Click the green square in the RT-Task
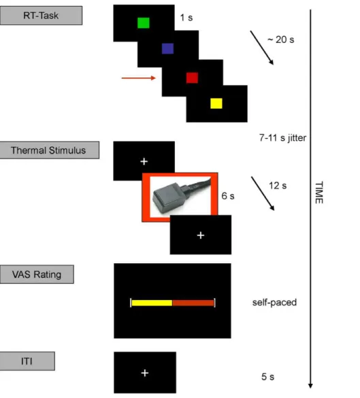tap(144, 23)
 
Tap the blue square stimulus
tap(168, 48)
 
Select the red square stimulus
tap(192, 78)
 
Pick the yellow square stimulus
tap(216, 103)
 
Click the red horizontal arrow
tap(139, 78)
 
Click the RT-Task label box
tap(41, 16)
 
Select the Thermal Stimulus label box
tap(49, 150)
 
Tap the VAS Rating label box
tap(37, 274)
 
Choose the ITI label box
tap(27, 361)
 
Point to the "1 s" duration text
tap(186, 18)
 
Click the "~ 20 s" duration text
tap(281, 39)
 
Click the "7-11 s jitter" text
tap(282, 137)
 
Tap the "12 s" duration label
tap(278, 186)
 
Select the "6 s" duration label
tap(228, 196)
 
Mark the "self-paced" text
tap(274, 302)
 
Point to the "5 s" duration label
tap(268, 377)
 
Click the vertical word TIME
tap(319, 193)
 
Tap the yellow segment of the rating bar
tap(152, 303)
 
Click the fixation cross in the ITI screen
tap(145, 373)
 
